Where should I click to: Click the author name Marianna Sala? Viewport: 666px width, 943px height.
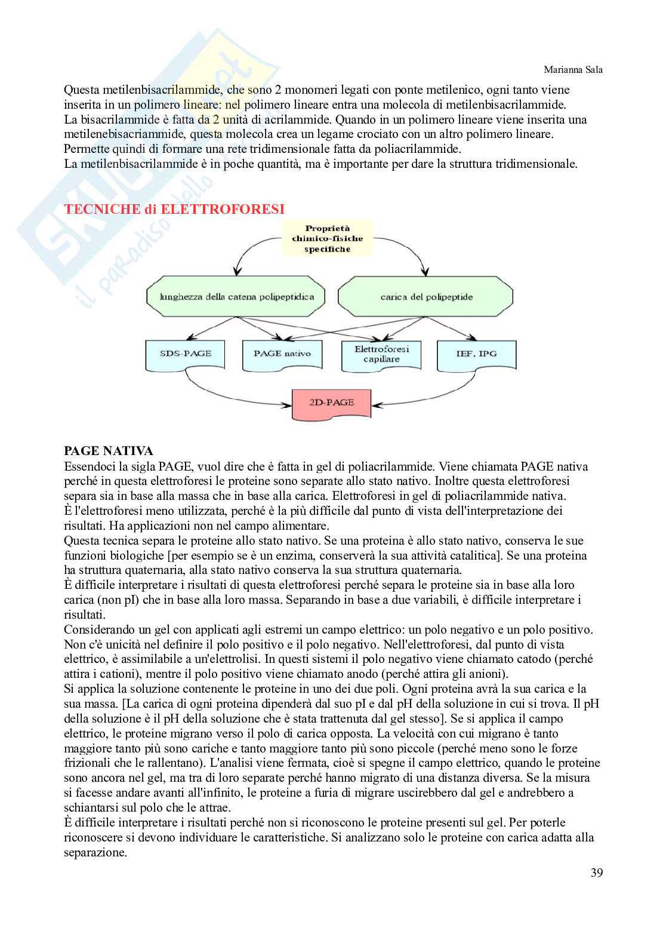(x=573, y=70)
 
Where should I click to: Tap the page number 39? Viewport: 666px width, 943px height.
(x=596, y=873)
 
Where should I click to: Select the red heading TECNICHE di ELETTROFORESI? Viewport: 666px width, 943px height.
(x=174, y=209)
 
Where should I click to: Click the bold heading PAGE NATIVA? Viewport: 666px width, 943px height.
(x=108, y=451)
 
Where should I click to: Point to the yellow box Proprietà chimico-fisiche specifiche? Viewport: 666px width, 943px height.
(x=328, y=239)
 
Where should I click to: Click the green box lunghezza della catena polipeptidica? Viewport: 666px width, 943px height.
(x=237, y=296)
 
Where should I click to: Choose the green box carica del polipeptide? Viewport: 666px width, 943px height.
(x=426, y=296)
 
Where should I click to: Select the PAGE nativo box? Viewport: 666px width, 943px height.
(x=282, y=354)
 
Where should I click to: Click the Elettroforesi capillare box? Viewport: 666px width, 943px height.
(x=377, y=355)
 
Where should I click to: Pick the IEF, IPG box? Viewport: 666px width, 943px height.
(x=475, y=354)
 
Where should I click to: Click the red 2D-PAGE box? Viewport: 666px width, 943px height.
(x=331, y=403)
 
